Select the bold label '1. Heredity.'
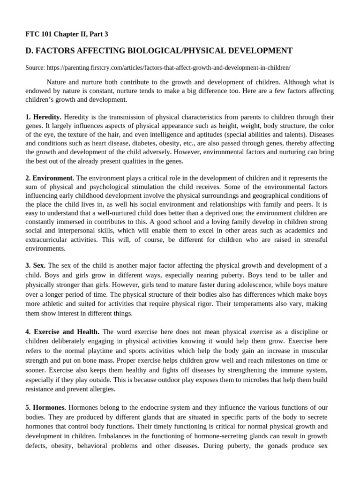coord(43,116)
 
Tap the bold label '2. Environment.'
coord(50,178)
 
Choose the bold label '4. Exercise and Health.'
coord(62,331)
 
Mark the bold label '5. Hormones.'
coord(46,407)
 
